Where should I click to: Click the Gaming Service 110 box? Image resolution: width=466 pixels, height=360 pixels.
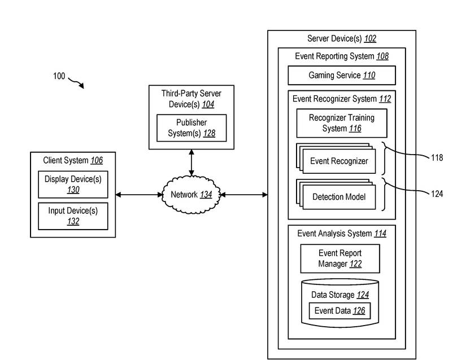pos(341,75)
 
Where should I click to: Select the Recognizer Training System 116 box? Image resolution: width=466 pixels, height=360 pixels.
pos(342,123)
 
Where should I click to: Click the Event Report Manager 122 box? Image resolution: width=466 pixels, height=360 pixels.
pos(339,258)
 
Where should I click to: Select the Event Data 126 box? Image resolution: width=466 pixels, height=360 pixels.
pos(339,311)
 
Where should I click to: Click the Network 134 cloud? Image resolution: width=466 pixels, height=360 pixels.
pos(191,195)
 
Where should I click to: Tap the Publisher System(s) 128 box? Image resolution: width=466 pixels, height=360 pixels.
pos(191,128)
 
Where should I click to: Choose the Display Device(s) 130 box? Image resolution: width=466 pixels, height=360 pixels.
pos(73,185)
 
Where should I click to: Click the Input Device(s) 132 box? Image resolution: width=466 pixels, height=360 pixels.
pos(73,216)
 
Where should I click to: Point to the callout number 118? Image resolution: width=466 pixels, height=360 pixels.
pos(437,158)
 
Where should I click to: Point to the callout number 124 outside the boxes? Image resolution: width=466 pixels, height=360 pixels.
pos(437,194)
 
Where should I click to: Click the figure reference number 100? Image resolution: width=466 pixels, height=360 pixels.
pos(59,76)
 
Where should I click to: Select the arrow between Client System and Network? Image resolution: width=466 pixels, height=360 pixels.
pos(138,195)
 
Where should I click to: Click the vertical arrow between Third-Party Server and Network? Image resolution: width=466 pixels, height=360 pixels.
pos(191,163)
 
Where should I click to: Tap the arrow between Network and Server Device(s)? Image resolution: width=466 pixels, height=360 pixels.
pos(244,195)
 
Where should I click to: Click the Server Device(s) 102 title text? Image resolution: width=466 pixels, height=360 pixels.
pos(341,39)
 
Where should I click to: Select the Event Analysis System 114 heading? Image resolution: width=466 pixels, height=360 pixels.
pos(341,233)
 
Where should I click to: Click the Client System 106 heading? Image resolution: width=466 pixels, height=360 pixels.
pos(73,160)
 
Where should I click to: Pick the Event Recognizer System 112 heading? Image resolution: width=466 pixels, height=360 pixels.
pos(341,99)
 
